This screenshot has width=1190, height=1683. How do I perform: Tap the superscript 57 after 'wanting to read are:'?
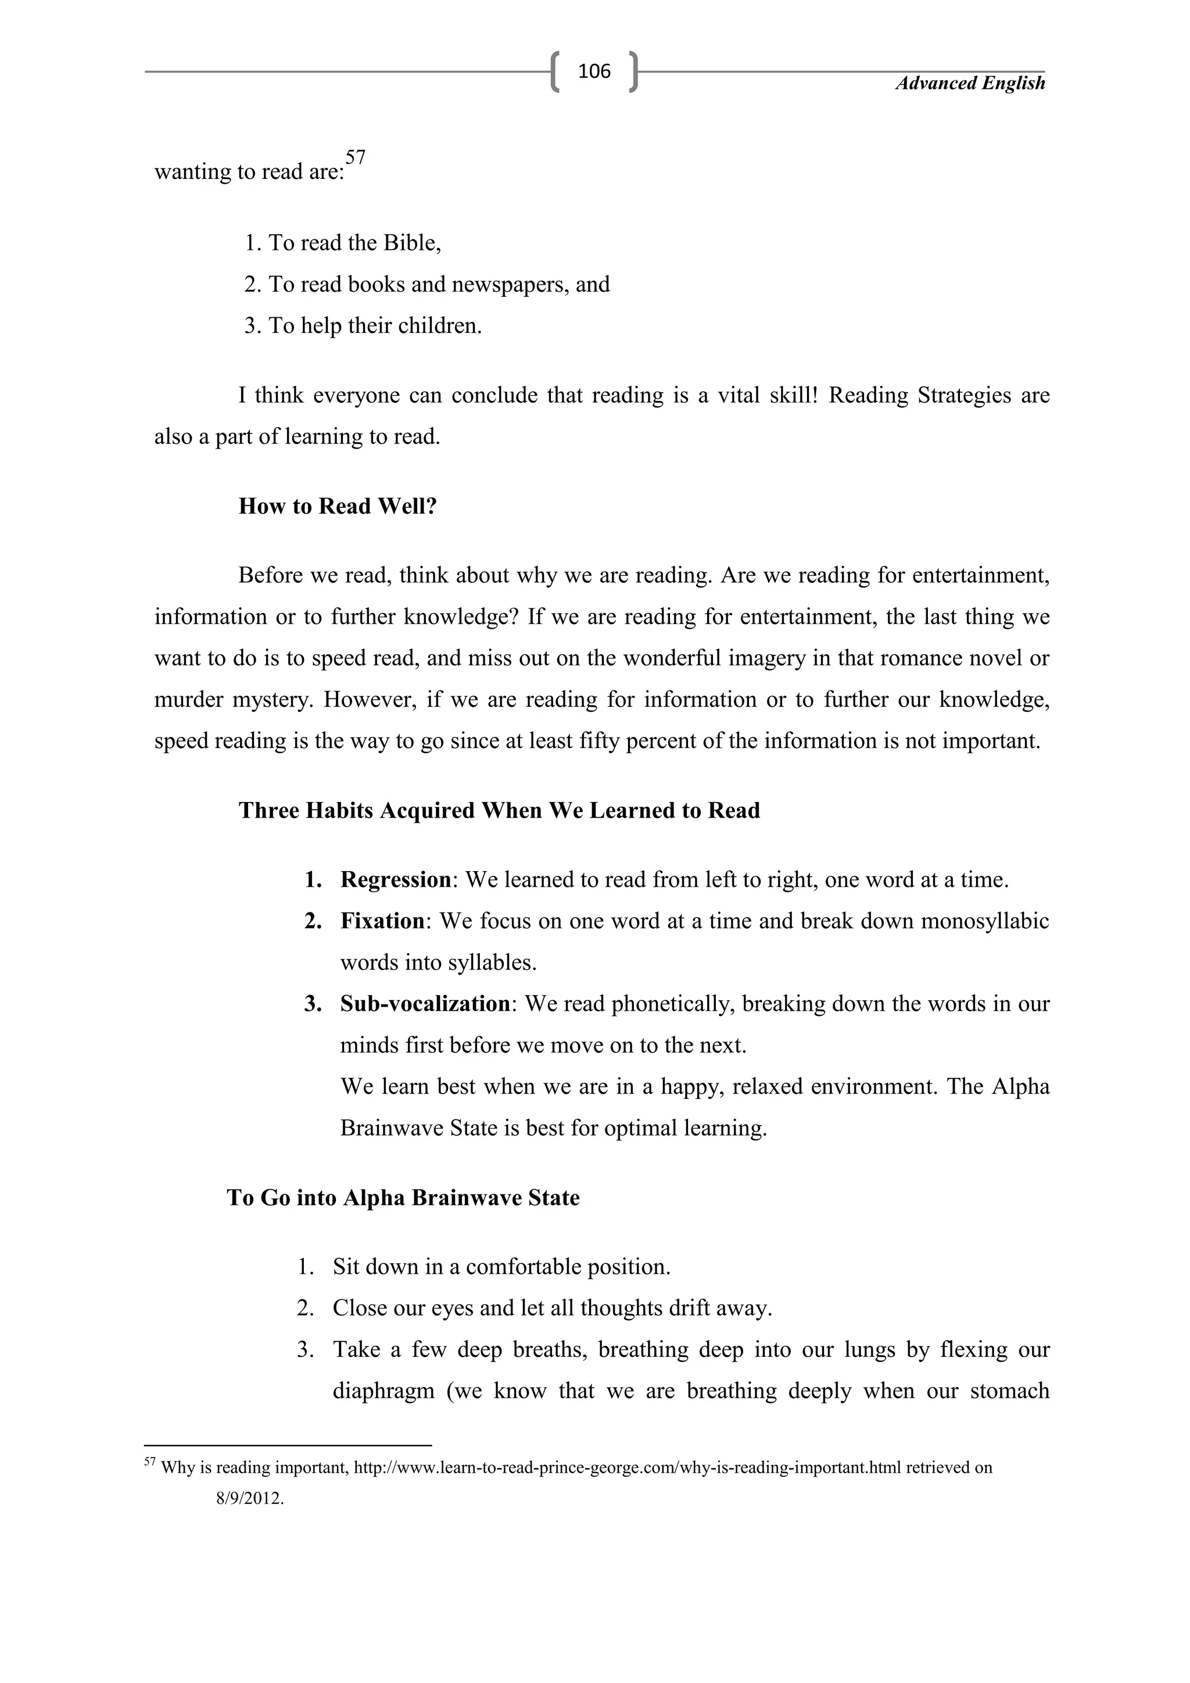pyautogui.click(x=356, y=157)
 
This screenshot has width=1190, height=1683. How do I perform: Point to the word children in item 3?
pyautogui.click(x=439, y=325)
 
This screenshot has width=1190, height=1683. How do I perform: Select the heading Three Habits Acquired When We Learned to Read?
pyautogui.click(x=499, y=810)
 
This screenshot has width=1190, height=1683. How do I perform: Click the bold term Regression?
pyautogui.click(x=396, y=880)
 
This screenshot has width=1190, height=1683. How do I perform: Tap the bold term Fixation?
pyautogui.click(x=382, y=921)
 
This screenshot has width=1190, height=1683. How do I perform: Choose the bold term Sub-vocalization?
pyautogui.click(x=425, y=1004)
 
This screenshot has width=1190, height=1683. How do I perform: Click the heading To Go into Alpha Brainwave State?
pyautogui.click(x=403, y=1198)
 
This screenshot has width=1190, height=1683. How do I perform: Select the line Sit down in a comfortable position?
pyautogui.click(x=501, y=1267)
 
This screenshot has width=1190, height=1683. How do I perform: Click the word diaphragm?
pyautogui.click(x=383, y=1391)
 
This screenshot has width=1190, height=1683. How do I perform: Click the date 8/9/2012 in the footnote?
pyautogui.click(x=249, y=1498)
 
